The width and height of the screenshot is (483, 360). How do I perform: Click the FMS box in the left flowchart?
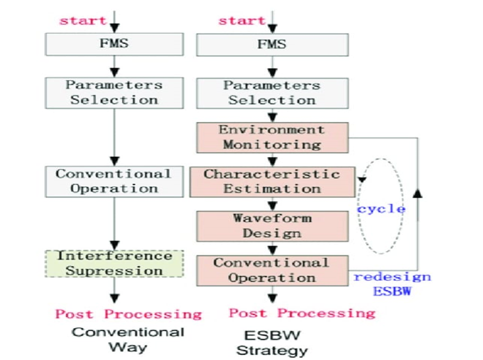pyautogui.click(x=114, y=45)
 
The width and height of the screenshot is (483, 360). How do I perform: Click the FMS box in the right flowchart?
pyautogui.click(x=272, y=45)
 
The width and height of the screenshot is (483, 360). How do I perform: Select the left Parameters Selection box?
pyautogui.click(x=114, y=92)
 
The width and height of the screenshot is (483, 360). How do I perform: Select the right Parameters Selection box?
pyautogui.click(x=272, y=92)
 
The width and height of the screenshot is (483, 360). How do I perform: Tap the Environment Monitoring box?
pyautogui.click(x=271, y=137)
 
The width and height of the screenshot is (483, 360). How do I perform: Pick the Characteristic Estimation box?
pyautogui.click(x=271, y=181)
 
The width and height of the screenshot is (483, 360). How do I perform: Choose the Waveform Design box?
pyautogui.click(x=271, y=225)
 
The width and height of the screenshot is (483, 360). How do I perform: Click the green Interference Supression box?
pyautogui.click(x=114, y=263)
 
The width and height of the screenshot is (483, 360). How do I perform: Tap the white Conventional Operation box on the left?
pyautogui.click(x=114, y=181)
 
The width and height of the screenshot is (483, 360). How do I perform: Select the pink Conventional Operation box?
pyautogui.click(x=271, y=270)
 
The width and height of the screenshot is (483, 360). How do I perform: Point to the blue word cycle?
pyautogui.click(x=381, y=209)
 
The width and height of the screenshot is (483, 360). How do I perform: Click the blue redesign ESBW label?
pyautogui.click(x=392, y=283)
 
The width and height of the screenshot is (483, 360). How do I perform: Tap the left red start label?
pyautogui.click(x=83, y=20)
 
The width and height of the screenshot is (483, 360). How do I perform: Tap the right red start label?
pyautogui.click(x=241, y=20)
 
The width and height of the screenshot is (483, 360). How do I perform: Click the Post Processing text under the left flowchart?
pyautogui.click(x=128, y=314)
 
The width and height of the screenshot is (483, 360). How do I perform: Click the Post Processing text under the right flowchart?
pyautogui.click(x=302, y=313)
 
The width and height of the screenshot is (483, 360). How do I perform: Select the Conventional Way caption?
pyautogui.click(x=127, y=340)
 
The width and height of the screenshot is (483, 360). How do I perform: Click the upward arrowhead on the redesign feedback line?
pyautogui.click(x=418, y=192)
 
